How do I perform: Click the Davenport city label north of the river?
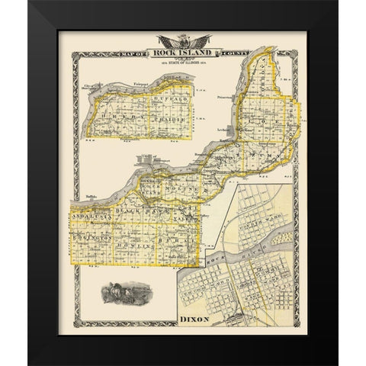coord(149,165)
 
